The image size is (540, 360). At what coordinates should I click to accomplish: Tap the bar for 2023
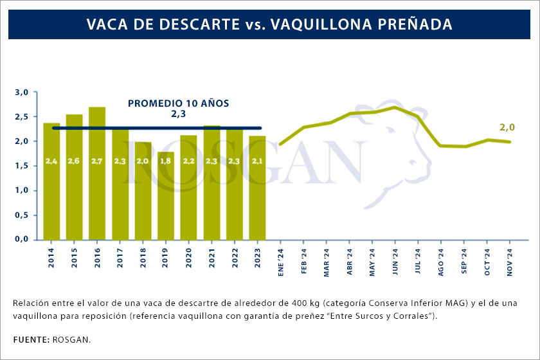coord(257,186)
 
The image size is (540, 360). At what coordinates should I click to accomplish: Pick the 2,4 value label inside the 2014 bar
coord(51,161)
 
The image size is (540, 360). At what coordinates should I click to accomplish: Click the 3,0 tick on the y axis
coord(22,93)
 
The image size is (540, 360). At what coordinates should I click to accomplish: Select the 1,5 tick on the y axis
coord(22,166)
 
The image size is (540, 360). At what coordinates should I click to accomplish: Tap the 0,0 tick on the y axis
coord(22,239)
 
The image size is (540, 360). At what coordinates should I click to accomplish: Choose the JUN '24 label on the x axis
coord(395,262)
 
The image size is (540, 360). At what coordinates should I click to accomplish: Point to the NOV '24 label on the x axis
coord(510,262)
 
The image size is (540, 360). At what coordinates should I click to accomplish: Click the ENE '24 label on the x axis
coord(281,262)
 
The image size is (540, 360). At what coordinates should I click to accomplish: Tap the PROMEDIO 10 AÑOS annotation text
coord(178,103)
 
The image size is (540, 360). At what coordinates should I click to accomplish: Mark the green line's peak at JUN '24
coord(394,107)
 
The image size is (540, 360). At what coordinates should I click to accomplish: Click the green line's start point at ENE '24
coord(280,144)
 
